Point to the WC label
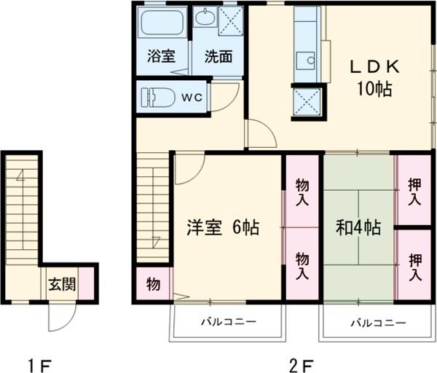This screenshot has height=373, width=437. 192,95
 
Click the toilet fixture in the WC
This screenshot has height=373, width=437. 156,95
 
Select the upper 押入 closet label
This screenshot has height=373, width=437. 414,191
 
